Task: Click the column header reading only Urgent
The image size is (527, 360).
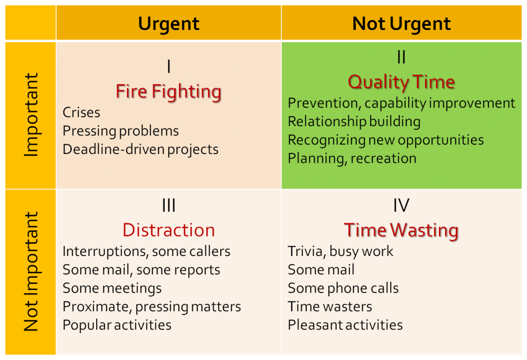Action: pyautogui.click(x=169, y=24)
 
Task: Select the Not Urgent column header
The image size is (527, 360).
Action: pyautogui.click(x=401, y=24)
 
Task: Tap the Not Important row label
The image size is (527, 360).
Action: pyautogui.click(x=31, y=271)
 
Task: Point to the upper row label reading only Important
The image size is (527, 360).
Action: pyautogui.click(x=31, y=115)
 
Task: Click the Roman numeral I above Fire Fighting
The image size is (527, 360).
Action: pyautogui.click(x=169, y=67)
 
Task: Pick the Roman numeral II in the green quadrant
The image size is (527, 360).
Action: pyautogui.click(x=401, y=58)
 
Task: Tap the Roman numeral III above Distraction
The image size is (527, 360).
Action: pyautogui.click(x=169, y=205)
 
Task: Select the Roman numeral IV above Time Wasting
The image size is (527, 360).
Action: pyautogui.click(x=401, y=205)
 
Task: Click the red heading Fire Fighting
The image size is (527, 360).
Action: pyautogui.click(x=169, y=92)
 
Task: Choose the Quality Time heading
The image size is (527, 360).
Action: pyautogui.click(x=401, y=82)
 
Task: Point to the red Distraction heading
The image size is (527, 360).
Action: pyautogui.click(x=169, y=230)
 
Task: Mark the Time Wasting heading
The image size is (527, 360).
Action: pyautogui.click(x=401, y=230)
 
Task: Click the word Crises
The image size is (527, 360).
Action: pyautogui.click(x=81, y=112)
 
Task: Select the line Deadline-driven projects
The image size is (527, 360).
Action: pyautogui.click(x=140, y=149)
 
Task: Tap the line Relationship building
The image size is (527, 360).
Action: pyautogui.click(x=354, y=122)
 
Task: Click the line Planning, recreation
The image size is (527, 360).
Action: pyautogui.click(x=352, y=158)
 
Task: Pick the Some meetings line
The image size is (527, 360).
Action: pyautogui.click(x=112, y=288)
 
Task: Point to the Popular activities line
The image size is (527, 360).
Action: pyautogui.click(x=117, y=325)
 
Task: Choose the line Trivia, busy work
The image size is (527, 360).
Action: pyautogui.click(x=341, y=251)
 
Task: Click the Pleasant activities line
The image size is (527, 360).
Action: pyautogui.click(x=345, y=325)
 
